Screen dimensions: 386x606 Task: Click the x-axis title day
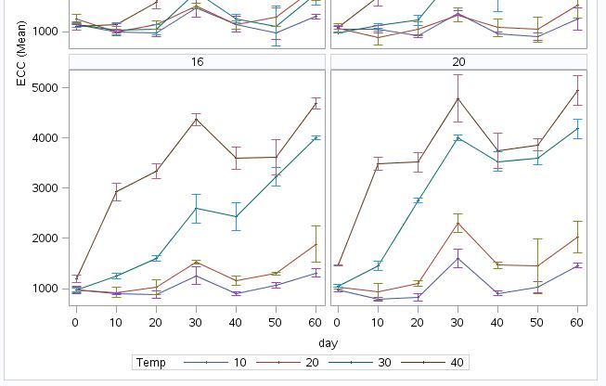point(328,342)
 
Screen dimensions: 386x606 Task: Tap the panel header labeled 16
point(197,62)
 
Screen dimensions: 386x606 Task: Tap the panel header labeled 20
point(458,62)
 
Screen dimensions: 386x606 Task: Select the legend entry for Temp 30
point(390,363)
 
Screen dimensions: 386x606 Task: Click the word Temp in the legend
point(150,363)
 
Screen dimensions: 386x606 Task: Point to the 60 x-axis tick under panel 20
point(577,320)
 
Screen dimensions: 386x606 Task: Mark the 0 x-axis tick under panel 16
point(75,320)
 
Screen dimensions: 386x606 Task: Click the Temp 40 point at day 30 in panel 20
point(458,98)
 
